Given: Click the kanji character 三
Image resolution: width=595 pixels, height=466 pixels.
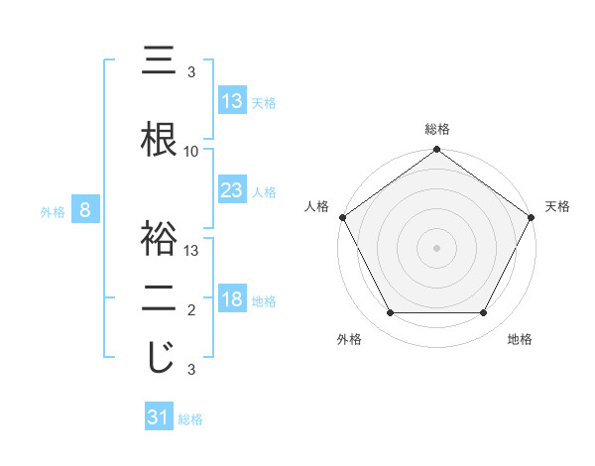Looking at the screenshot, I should [x=160, y=62].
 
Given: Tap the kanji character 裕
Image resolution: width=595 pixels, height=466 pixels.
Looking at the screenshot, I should [x=160, y=241].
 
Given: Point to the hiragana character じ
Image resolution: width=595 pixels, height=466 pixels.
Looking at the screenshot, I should [x=160, y=358].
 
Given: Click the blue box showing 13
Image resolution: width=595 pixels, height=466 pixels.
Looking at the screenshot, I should [x=231, y=102].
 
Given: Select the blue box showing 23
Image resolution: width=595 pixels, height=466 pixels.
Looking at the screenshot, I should [x=231, y=191].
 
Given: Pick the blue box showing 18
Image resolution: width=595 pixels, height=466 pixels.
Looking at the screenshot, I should [x=231, y=300].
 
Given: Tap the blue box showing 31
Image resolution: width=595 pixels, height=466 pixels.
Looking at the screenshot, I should [x=159, y=418].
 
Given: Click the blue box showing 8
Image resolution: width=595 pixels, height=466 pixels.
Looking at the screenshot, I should [x=86, y=210].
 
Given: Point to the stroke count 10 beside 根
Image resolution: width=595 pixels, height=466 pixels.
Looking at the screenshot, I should [x=191, y=152].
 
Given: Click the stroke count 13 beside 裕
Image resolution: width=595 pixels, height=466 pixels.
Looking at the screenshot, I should [x=191, y=251].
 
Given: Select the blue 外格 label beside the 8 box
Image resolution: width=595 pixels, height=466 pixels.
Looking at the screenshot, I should [x=52, y=211].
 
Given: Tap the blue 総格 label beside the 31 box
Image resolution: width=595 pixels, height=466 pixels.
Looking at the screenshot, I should [x=190, y=419].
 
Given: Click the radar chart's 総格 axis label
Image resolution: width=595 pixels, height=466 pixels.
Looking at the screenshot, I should [x=436, y=129].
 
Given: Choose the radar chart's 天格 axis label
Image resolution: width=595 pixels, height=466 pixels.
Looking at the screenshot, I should [x=557, y=206].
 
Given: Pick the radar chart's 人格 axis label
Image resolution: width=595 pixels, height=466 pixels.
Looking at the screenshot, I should [x=316, y=206].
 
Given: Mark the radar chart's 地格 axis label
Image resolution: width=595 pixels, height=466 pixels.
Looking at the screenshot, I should [x=520, y=339].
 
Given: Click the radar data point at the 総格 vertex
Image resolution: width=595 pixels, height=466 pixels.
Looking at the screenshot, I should [x=436, y=151].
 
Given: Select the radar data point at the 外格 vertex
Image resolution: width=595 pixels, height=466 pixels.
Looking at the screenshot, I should [x=390, y=313].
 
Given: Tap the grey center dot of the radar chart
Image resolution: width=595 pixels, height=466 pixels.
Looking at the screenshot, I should [x=436, y=247].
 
